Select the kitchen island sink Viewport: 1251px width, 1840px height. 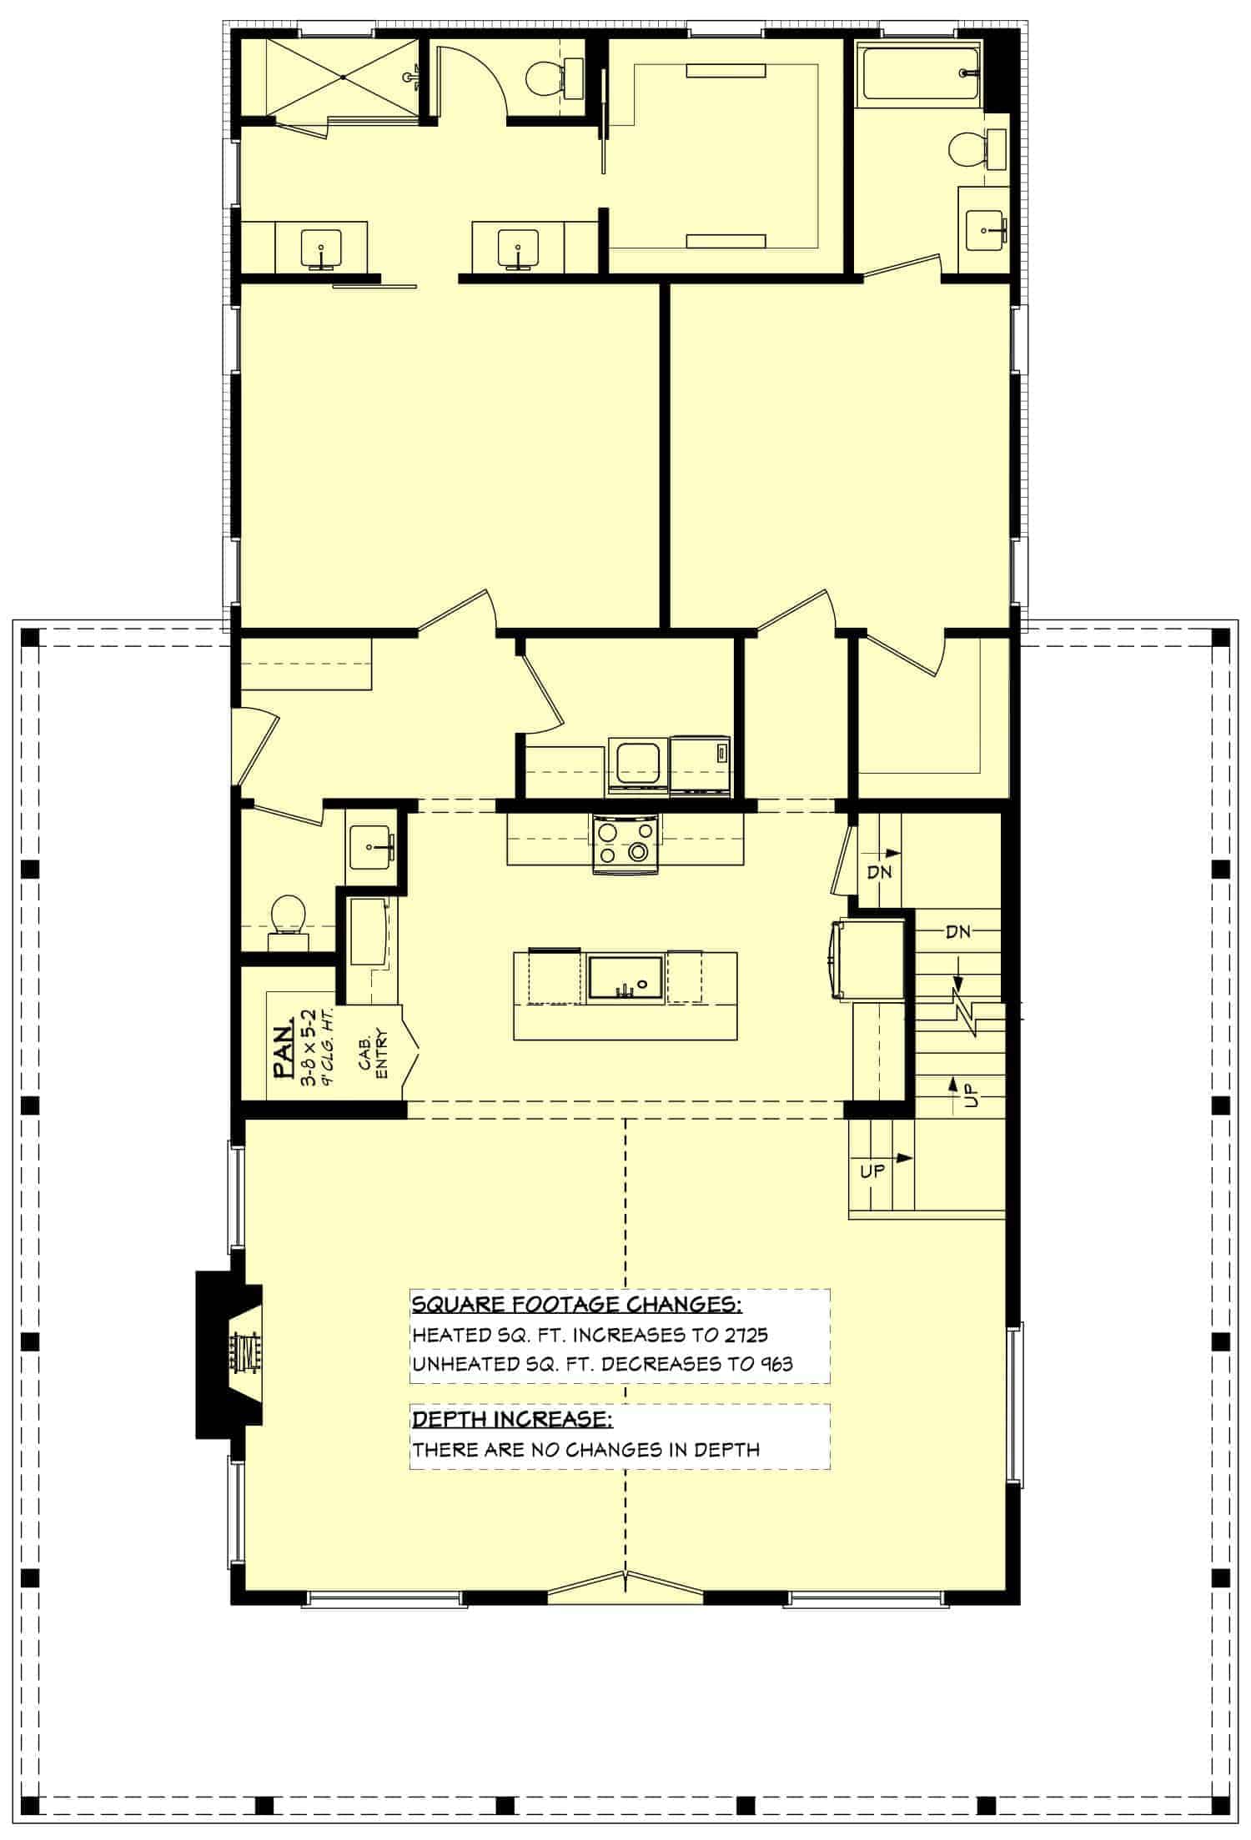point(625,977)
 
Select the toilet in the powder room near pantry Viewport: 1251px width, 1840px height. point(286,917)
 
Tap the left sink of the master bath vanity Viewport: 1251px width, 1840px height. point(321,248)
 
